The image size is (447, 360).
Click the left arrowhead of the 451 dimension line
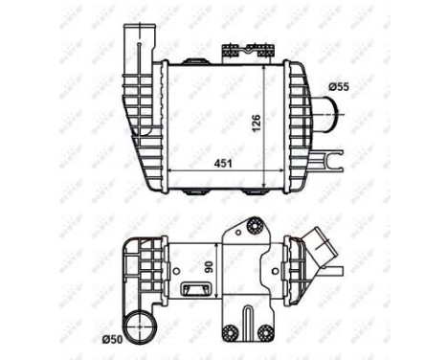pos(171,170)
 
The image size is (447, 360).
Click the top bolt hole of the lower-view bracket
pos(254,227)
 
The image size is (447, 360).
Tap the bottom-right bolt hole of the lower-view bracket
pos(264,333)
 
